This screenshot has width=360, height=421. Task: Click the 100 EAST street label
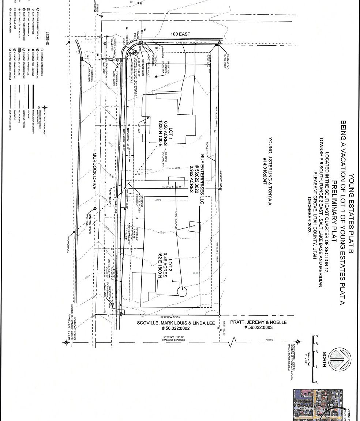[x=181, y=34]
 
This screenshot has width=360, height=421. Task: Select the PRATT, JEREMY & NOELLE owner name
[x=258, y=322]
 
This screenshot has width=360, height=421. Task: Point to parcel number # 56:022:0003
[x=258, y=328]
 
